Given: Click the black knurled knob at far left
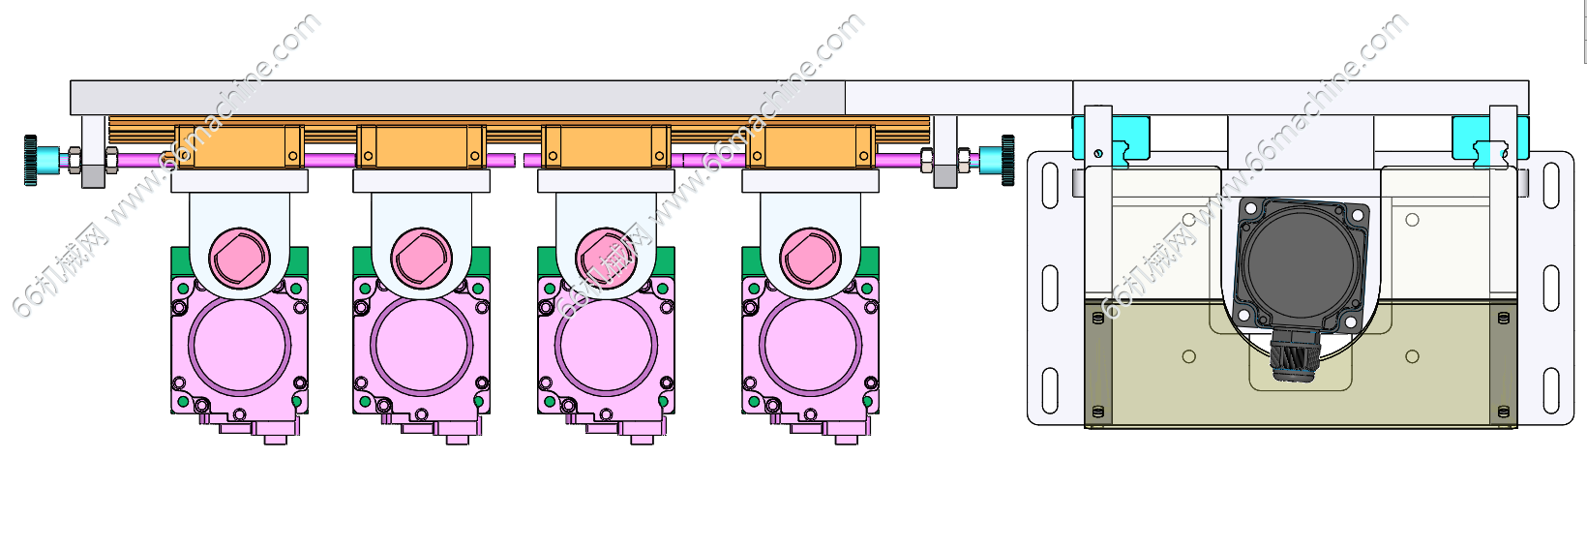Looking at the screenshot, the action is pyautogui.click(x=30, y=160).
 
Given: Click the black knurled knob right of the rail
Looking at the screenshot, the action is pyautogui.click(x=1007, y=160).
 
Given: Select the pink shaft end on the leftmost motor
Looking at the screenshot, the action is pyautogui.click(x=239, y=258).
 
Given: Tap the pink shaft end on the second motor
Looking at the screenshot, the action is pyautogui.click(x=422, y=258).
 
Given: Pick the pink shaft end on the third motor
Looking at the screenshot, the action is pyautogui.click(x=606, y=258).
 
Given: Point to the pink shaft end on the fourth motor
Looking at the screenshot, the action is pyautogui.click(x=811, y=258).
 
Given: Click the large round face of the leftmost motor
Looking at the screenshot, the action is pyautogui.click(x=239, y=345).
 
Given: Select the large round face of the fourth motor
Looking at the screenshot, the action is pyautogui.click(x=811, y=345).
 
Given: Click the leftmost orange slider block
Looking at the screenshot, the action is pyautogui.click(x=239, y=147).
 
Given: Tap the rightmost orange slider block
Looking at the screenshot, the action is pyautogui.click(x=811, y=147).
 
